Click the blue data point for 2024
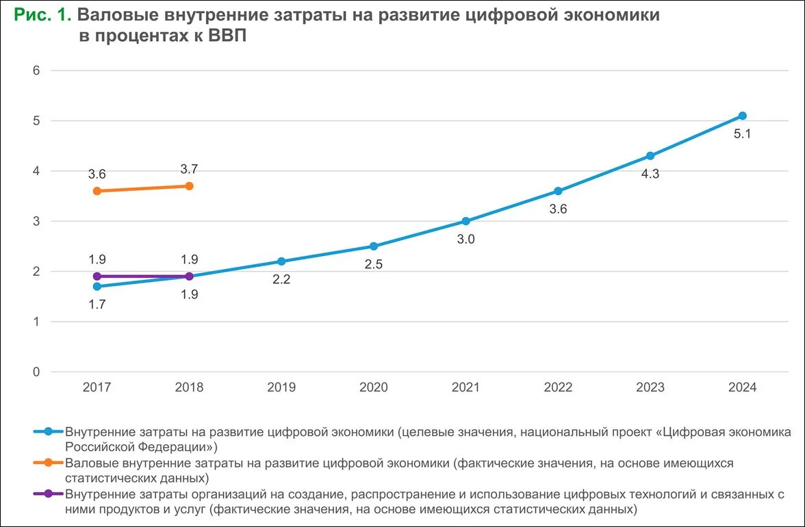click(742, 116)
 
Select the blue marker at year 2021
click(465, 221)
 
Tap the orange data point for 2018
click(189, 186)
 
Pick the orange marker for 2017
click(97, 191)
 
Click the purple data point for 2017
click(97, 277)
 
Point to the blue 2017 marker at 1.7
click(97, 287)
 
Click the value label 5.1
click(742, 134)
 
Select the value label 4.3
click(650, 174)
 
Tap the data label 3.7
click(189, 169)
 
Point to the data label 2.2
click(281, 279)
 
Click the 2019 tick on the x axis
click(281, 387)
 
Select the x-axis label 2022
click(558, 387)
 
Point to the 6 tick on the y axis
click(37, 70)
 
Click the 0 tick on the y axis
click(37, 372)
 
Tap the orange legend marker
click(48, 463)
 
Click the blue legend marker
click(48, 432)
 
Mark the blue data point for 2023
click(650, 156)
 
